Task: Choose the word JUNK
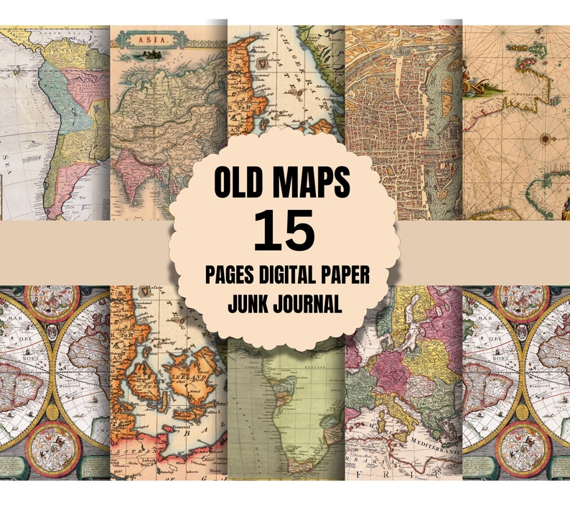coord(251,304)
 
